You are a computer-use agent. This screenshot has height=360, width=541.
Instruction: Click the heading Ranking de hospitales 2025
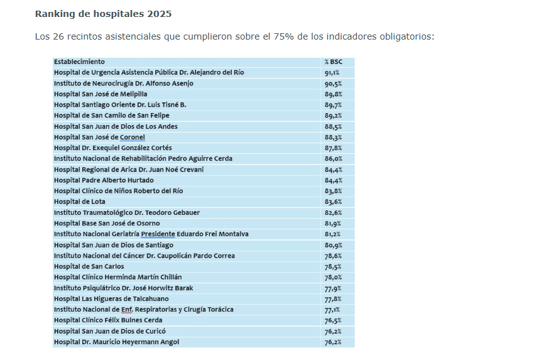coord(103,14)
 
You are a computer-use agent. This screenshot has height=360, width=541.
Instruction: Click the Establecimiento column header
coord(79,62)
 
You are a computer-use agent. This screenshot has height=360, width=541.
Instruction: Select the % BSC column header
coord(333,62)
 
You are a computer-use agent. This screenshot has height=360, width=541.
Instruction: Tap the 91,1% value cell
coord(332,73)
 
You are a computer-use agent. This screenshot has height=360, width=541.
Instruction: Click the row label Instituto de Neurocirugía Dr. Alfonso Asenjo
coord(124,84)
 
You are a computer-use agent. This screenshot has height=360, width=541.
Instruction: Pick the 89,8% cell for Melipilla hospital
coord(333,94)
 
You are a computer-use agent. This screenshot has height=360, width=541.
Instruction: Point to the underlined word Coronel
coord(132,137)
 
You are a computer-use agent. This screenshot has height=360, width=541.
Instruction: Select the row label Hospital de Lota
coord(79,202)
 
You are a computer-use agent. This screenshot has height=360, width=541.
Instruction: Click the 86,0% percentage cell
coord(333,158)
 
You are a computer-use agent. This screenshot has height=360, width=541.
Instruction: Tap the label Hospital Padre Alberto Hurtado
coord(104,180)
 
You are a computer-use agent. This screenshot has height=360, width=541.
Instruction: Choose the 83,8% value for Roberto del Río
coord(333,191)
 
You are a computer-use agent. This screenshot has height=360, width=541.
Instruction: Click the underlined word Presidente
coord(158,234)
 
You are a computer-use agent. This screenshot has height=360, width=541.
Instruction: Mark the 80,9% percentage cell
coord(333,245)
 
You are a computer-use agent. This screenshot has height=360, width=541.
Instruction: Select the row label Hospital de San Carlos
coord(89,266)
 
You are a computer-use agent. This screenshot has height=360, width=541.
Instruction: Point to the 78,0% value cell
coord(333,277)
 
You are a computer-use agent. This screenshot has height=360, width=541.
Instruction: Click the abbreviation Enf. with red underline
coord(127,310)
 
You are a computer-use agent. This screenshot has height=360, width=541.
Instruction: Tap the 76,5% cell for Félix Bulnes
coord(333,320)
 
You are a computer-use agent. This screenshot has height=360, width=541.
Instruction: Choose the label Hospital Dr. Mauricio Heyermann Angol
coord(116,342)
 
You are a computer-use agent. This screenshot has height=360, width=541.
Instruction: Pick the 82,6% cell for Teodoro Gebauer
coord(333,213)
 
